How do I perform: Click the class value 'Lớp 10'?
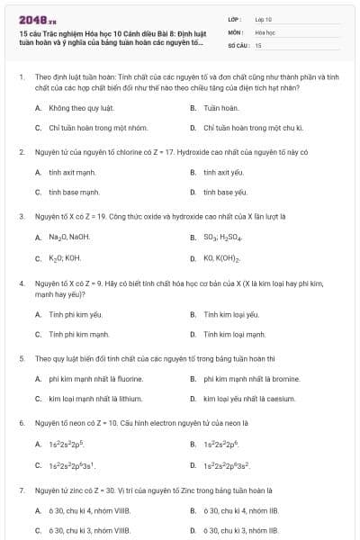264,18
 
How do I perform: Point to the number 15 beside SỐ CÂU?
258,44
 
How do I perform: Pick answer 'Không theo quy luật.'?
75,107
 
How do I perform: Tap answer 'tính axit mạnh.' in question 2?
72,172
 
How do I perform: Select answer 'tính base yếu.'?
225,193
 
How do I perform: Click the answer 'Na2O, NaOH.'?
69,238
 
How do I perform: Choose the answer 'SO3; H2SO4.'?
223,238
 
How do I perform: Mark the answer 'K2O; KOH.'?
65,258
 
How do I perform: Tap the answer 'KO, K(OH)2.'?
224,258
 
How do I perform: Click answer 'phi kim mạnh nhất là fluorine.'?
95,379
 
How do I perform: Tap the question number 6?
22,422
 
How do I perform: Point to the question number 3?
22,216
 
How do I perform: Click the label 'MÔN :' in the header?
237,31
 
